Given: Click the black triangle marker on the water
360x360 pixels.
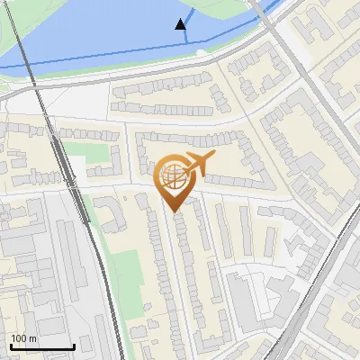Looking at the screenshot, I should pyautogui.click(x=182, y=24).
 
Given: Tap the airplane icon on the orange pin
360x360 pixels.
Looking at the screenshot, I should pyautogui.click(x=196, y=165).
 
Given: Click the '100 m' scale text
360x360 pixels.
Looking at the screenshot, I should pyautogui.click(x=23, y=338).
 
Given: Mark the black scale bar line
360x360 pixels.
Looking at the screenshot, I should pyautogui.click(x=41, y=346).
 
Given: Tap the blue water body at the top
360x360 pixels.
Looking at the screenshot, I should pyautogui.click(x=108, y=36).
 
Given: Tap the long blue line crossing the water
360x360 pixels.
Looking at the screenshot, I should pyautogui.click(x=90, y=60).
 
